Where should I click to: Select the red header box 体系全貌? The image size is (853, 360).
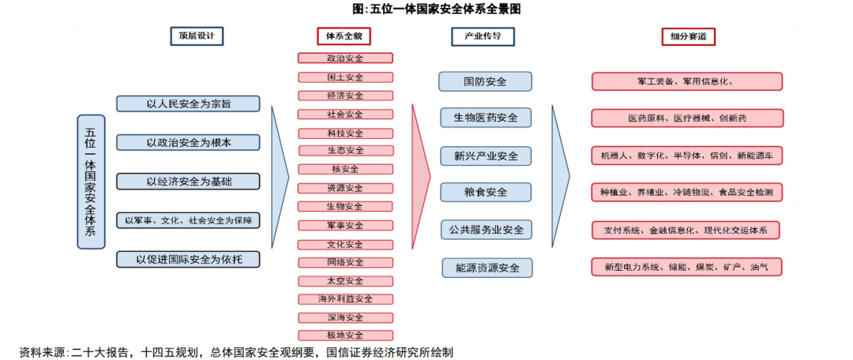tap(344, 36)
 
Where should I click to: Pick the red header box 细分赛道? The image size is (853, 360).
tap(688, 36)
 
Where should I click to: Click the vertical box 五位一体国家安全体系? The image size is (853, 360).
tap(91, 182)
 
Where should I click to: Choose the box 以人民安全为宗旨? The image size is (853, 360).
tap(188, 103)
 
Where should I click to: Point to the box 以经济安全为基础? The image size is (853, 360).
tap(188, 182)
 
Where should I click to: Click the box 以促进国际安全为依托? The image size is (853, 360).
tap(188, 259)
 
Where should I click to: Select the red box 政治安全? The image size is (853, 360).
tap(345, 58)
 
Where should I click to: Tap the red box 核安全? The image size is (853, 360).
tap(345, 169)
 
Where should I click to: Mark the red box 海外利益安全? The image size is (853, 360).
tap(345, 299)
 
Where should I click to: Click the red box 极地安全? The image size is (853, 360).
tap(345, 336)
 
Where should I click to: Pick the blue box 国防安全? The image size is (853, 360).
tap(485, 81)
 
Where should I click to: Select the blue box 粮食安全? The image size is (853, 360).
tap(485, 192)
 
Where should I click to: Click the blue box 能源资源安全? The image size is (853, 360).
tap(485, 268)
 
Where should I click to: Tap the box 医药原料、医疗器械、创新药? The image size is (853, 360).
tap(687, 118)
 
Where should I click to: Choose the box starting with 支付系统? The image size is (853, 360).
tap(687, 231)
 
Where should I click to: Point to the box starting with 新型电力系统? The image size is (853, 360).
tap(687, 268)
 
